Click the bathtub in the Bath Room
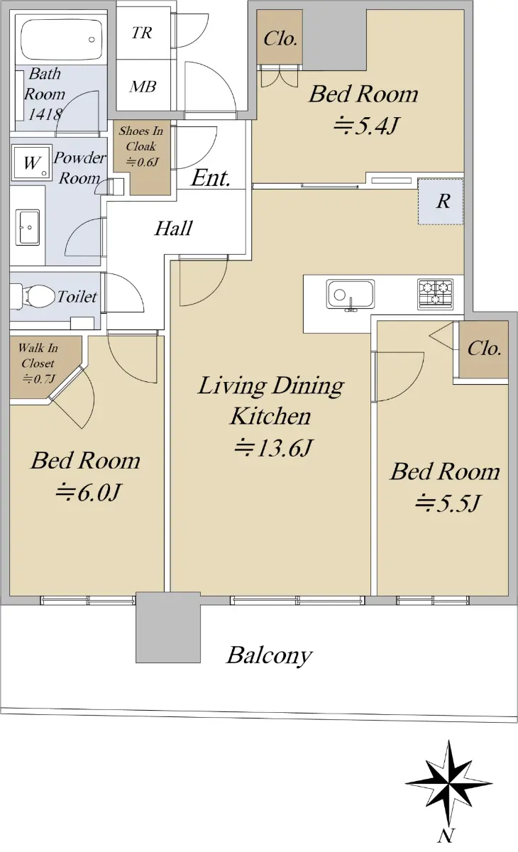click(62, 40)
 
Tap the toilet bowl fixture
click(33, 296)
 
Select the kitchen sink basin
click(350, 294)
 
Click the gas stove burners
click(435, 294)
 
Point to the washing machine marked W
click(31, 163)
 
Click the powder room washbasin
click(28, 227)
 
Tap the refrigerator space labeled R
click(441, 201)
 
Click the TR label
click(142, 33)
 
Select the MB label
click(143, 87)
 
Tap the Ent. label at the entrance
click(211, 177)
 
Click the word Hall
click(173, 228)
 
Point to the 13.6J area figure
click(273, 448)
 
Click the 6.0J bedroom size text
click(88, 493)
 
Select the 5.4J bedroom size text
click(365, 126)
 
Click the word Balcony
click(270, 655)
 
